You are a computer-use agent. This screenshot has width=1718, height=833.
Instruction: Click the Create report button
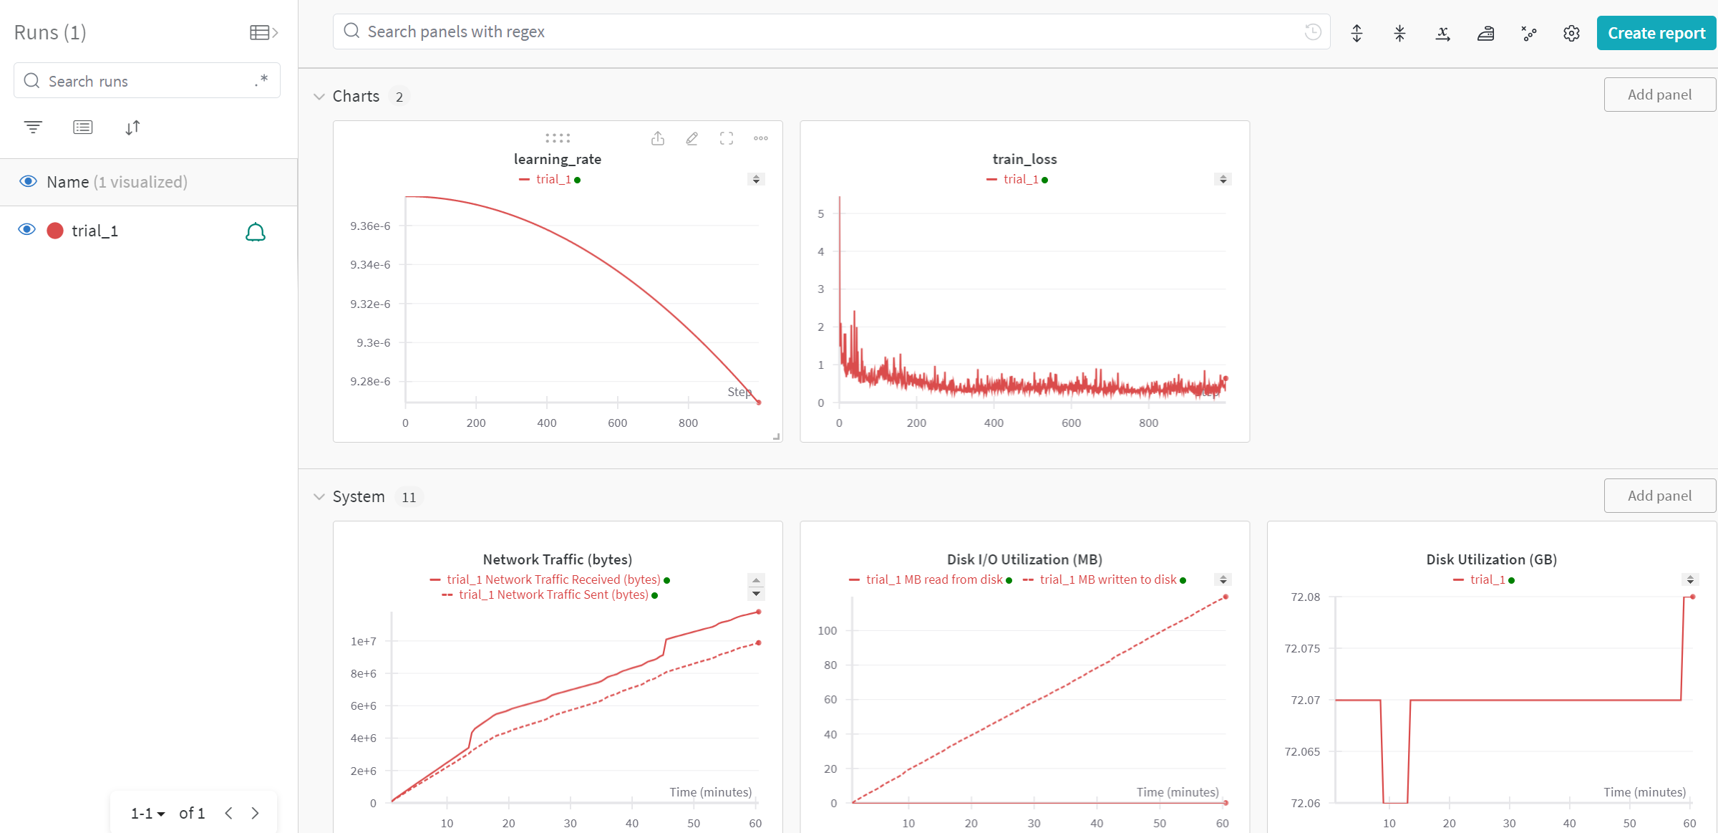tap(1656, 33)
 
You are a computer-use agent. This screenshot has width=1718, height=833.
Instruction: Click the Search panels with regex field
tap(831, 32)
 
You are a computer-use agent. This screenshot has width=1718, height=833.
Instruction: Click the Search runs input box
tap(147, 81)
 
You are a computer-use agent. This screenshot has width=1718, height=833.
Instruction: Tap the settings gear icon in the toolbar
tap(1571, 33)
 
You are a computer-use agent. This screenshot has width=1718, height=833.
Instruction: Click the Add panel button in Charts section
tap(1659, 95)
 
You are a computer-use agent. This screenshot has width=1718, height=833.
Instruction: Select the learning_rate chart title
tap(558, 159)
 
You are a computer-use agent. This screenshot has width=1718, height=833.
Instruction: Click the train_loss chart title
tap(1024, 159)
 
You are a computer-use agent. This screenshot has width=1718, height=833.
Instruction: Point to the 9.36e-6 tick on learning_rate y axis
tap(370, 226)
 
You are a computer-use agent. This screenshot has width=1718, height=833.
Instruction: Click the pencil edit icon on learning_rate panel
tap(691, 138)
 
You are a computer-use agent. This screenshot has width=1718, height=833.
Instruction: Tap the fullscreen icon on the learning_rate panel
tap(727, 138)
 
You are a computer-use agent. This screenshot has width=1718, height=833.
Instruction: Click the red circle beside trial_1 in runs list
tap(55, 231)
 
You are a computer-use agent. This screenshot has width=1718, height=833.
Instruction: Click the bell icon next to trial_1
tap(256, 231)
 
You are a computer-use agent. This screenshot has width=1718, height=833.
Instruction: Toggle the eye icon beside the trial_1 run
tap(27, 230)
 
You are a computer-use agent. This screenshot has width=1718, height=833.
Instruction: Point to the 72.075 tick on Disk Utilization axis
tap(1302, 649)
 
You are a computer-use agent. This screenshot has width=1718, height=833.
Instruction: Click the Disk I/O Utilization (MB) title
tap(1024, 559)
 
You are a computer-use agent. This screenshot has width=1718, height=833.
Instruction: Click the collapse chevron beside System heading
tap(319, 496)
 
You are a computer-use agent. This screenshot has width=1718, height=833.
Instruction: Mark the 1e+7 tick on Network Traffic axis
tap(363, 642)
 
